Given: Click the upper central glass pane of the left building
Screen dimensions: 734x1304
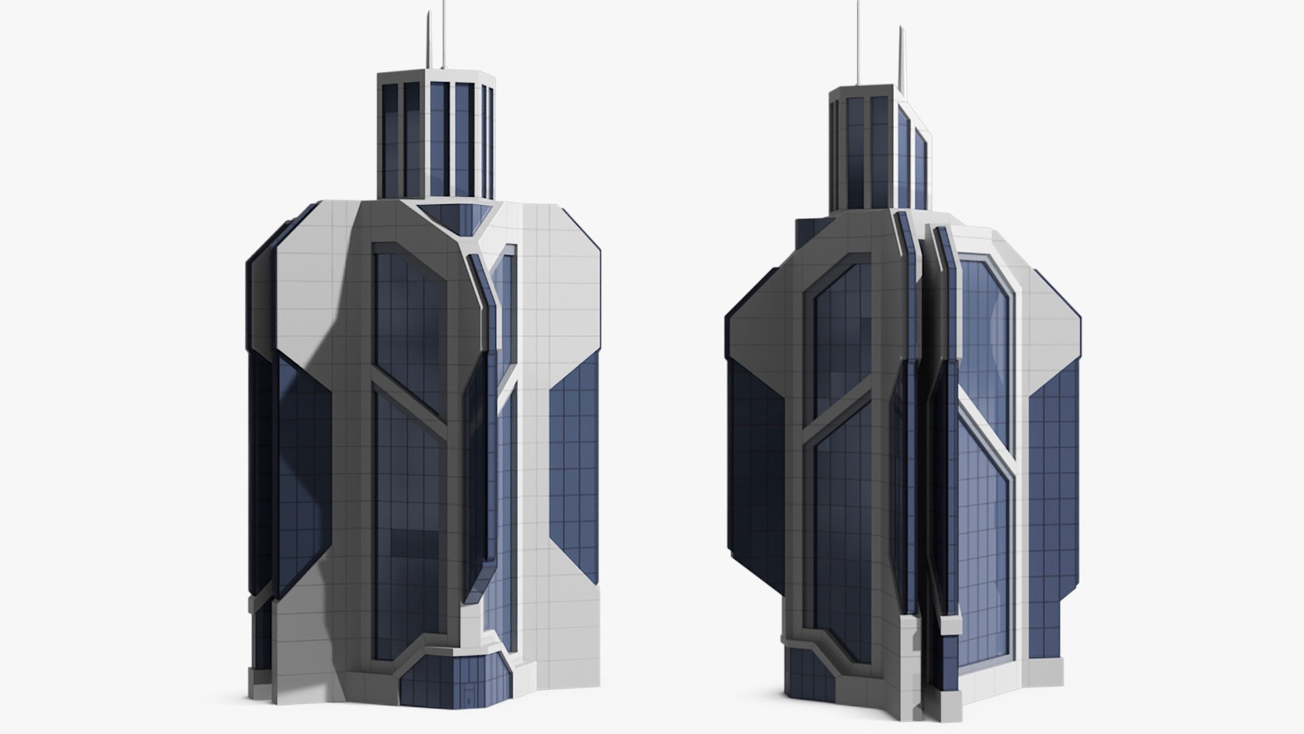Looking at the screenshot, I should point(407,319).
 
